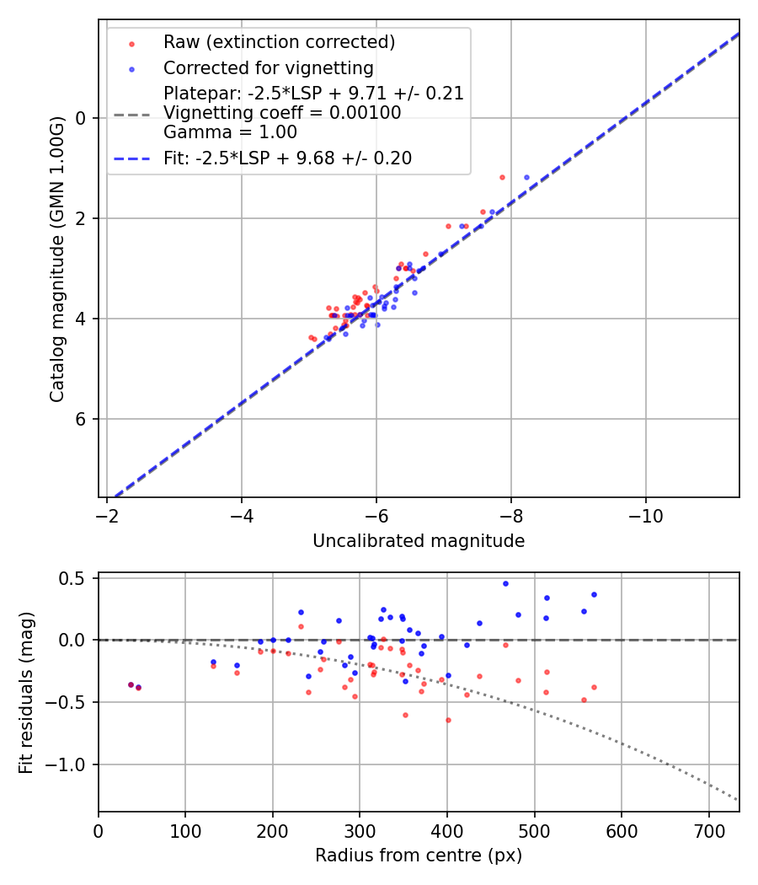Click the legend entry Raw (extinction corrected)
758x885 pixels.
tap(279, 42)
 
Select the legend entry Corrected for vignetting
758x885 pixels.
tap(268, 67)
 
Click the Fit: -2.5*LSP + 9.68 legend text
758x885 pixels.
tap(287, 158)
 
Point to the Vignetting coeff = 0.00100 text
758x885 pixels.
tap(282, 113)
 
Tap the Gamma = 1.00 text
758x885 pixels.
tap(230, 132)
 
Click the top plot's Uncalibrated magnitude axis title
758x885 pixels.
tap(419, 541)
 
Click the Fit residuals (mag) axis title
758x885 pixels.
tap(26, 692)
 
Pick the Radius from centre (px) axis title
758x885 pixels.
tap(419, 855)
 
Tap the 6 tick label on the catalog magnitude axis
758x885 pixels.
tap(81, 419)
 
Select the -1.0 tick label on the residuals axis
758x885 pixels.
tap(71, 764)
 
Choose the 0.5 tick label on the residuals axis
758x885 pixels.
tap(76, 578)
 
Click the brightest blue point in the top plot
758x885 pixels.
tap(526, 178)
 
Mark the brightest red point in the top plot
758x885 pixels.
tap(502, 178)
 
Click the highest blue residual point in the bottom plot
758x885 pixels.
tap(505, 583)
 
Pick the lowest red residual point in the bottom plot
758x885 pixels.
tap(448, 720)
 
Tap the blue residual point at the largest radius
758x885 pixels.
tap(594, 594)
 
